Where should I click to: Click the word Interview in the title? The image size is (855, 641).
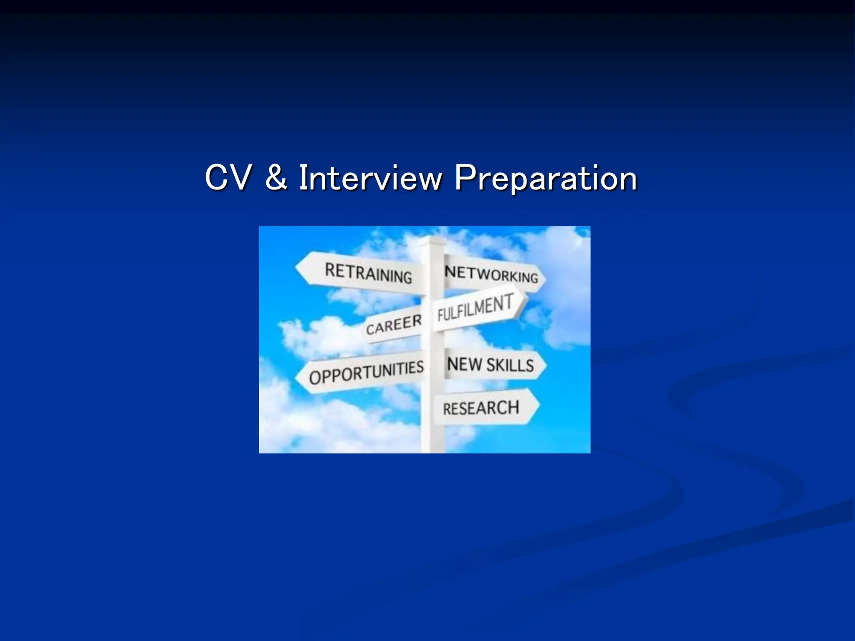370,179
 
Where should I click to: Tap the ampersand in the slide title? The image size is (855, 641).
276,179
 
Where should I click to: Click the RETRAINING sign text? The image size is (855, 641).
368,273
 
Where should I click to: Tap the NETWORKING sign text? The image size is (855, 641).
491,274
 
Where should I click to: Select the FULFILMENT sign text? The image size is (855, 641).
475,308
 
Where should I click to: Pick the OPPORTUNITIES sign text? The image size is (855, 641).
366,372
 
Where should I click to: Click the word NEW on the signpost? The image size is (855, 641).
464,364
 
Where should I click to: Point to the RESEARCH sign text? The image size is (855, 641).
481,408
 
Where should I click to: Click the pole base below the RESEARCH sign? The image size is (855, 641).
432,442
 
